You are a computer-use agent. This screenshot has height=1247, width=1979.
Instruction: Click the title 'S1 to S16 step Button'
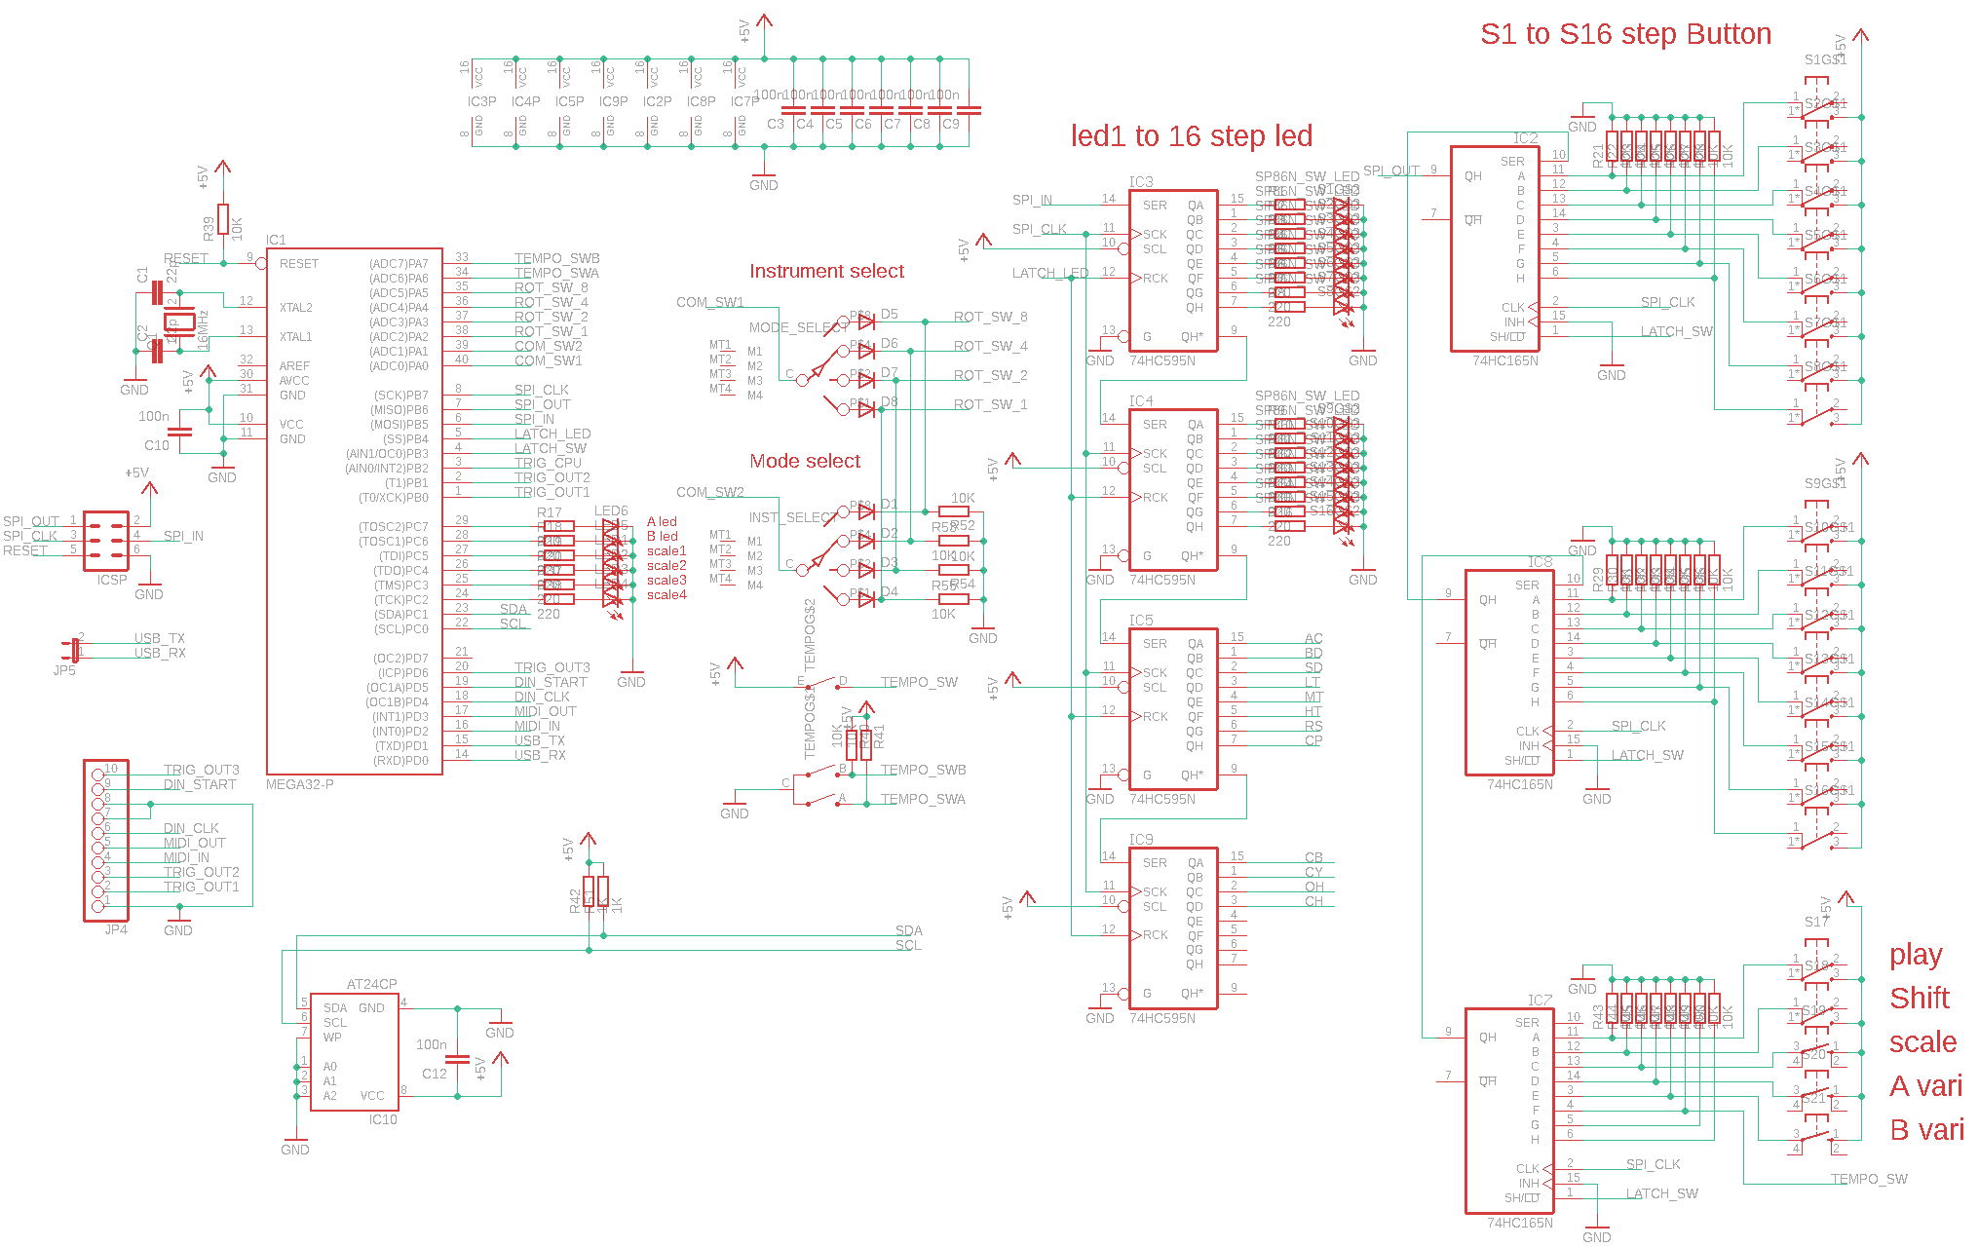1625,34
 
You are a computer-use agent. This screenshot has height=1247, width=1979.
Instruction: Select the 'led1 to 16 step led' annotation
1192,136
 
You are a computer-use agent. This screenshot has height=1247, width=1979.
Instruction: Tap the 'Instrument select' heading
826,271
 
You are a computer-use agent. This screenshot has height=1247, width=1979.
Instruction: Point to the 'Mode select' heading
805,461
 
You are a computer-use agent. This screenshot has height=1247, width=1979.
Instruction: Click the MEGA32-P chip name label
300,784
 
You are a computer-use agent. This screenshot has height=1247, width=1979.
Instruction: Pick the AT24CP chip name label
371,984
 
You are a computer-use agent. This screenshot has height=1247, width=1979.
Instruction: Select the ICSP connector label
112,580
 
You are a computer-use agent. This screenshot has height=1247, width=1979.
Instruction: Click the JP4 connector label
116,929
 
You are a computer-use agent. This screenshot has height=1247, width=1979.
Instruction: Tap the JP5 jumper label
64,670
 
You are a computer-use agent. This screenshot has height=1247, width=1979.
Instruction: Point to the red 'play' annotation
1916,955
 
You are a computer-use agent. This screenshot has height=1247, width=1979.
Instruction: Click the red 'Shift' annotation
1920,999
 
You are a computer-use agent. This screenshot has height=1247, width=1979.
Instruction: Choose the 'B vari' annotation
1926,1130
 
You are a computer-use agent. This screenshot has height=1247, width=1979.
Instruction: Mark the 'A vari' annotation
1926,1086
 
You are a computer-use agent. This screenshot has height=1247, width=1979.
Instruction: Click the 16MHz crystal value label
204,329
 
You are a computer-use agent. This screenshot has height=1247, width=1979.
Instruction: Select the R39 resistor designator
209,229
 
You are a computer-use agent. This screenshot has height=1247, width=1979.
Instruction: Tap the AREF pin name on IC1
294,366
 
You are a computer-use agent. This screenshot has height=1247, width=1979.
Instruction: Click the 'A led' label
662,522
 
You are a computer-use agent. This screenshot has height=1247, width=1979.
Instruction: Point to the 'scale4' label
666,595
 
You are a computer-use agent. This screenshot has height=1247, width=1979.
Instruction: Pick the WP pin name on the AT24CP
332,1038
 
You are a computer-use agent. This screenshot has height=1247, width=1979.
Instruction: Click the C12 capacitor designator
435,1074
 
